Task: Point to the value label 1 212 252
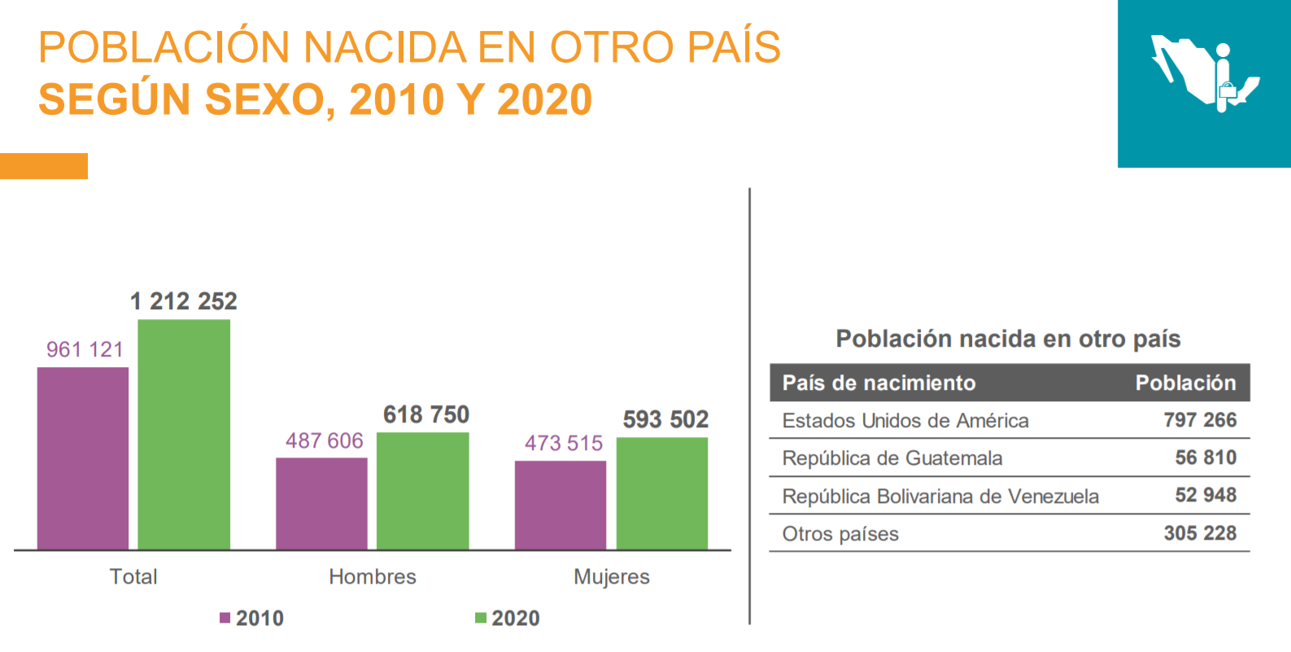[x=184, y=301]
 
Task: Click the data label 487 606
[x=324, y=440]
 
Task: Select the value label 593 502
[x=665, y=419]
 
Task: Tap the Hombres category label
[x=373, y=576]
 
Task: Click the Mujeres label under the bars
[x=612, y=576]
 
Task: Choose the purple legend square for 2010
[x=225, y=618]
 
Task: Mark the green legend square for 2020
[x=481, y=618]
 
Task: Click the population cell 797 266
[x=1200, y=420]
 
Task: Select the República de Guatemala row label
[x=892, y=458]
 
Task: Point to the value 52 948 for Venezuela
[x=1206, y=495]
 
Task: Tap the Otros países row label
[x=840, y=534]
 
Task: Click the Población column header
[x=1185, y=383]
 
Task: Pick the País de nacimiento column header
[x=879, y=383]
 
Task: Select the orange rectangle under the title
[x=44, y=166]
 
